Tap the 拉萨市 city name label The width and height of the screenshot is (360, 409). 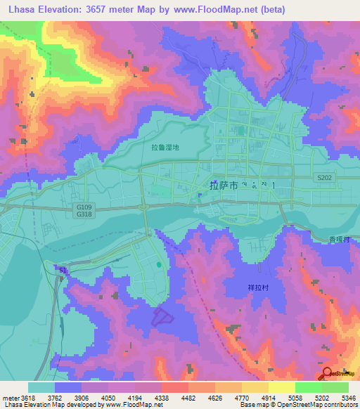point(224,186)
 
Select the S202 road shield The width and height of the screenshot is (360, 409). point(324,178)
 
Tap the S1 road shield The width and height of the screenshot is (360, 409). point(63,269)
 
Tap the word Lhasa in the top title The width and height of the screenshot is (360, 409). point(20,10)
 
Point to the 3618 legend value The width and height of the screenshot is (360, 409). point(28,398)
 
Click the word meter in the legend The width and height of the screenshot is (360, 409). point(10,398)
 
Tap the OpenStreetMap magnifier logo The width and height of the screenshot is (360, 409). point(328,375)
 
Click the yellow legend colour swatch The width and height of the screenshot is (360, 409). point(281,387)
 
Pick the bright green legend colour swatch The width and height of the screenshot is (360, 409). point(308,387)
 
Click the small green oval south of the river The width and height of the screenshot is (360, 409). point(160,265)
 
